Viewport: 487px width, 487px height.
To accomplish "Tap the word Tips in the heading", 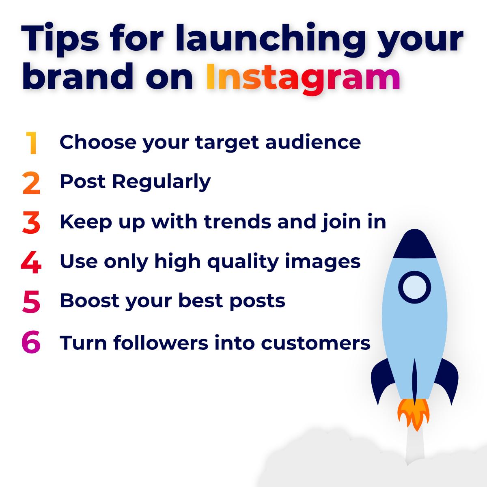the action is (x=60, y=40).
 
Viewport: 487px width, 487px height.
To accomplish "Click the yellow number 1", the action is (x=31, y=143).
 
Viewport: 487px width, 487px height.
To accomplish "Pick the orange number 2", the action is (x=31, y=183).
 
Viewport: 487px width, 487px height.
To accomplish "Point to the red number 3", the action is (x=31, y=222).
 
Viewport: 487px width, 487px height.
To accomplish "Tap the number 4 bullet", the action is (x=31, y=262).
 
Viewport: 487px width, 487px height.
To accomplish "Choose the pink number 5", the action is (x=31, y=302).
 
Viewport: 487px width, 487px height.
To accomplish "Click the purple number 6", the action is (x=31, y=342).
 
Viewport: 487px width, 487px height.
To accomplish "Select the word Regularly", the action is (x=162, y=182).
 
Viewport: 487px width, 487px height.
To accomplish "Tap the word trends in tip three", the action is (x=237, y=222).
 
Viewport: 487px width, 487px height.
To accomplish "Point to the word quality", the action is (x=243, y=262).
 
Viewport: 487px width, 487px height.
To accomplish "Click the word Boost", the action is (x=90, y=301).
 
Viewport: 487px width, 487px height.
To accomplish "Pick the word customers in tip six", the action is (x=316, y=343).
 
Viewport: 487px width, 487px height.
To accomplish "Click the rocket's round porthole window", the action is (x=414, y=287).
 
